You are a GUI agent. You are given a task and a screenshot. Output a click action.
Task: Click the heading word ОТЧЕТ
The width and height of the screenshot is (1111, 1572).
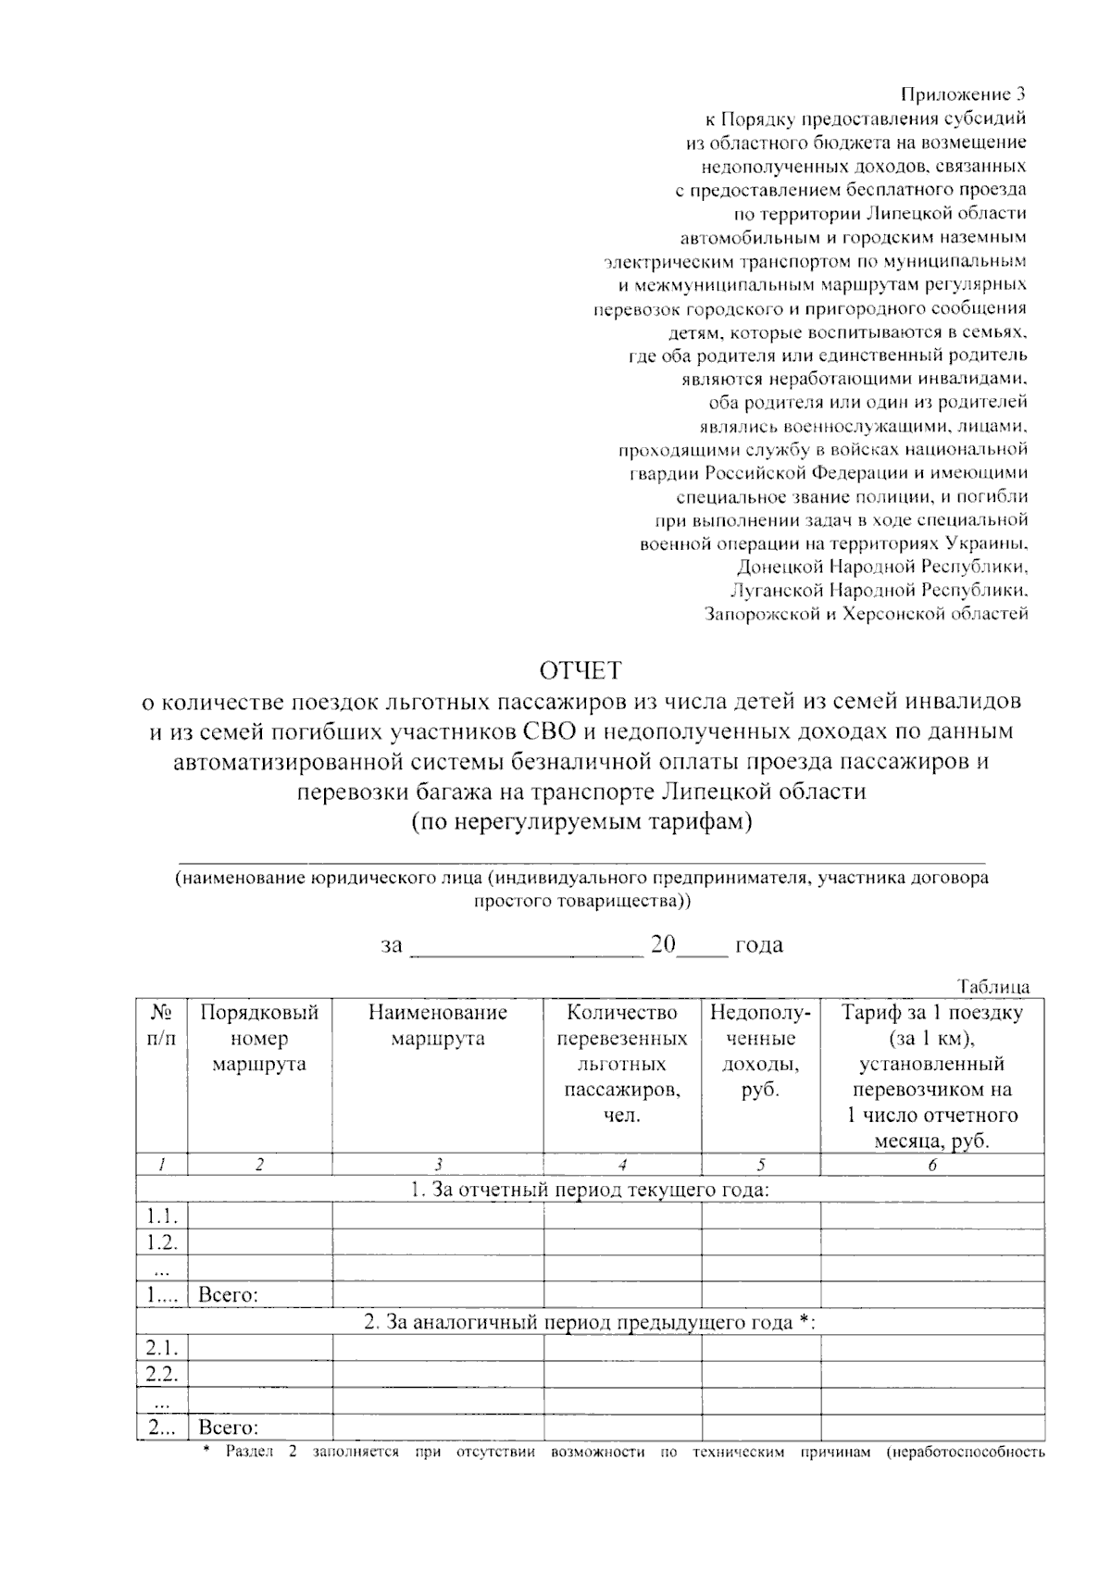tap(581, 669)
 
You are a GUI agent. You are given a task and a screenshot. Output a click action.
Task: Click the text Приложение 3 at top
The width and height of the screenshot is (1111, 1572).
tap(963, 94)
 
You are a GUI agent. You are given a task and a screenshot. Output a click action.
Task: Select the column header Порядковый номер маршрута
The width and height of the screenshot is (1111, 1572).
tap(259, 1038)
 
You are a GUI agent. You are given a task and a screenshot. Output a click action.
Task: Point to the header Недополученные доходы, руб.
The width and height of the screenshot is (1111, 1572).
tap(760, 1051)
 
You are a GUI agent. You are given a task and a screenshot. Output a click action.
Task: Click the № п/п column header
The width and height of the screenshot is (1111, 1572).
tap(161, 1025)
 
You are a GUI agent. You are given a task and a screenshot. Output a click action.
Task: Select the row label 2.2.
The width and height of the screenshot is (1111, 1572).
tap(162, 1373)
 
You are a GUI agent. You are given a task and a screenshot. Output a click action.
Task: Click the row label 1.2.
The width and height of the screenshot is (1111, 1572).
tap(162, 1242)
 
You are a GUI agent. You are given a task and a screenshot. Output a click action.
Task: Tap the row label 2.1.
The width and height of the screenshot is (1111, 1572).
tap(162, 1347)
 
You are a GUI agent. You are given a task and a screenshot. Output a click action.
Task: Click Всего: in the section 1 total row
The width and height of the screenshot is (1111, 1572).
tap(228, 1294)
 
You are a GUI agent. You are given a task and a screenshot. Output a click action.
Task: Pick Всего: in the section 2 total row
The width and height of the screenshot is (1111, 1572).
tap(228, 1428)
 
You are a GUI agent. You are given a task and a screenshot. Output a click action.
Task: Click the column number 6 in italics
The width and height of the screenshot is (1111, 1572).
tap(931, 1165)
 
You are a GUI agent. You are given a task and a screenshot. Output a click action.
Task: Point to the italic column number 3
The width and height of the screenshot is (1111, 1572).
tap(437, 1165)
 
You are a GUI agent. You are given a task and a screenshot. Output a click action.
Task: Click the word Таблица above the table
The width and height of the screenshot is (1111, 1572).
tap(993, 986)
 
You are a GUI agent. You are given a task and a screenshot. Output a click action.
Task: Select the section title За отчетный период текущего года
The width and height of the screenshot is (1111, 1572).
tap(590, 1190)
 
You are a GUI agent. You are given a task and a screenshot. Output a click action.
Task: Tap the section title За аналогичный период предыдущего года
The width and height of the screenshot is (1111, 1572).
tap(590, 1322)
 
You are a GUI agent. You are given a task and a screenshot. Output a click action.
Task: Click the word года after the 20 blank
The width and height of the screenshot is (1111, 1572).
tap(758, 945)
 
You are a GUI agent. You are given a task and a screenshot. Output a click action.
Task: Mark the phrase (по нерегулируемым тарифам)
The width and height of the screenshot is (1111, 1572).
tap(581, 821)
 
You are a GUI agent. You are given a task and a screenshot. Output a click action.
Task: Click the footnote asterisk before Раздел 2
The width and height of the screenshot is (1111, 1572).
tap(206, 1451)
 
